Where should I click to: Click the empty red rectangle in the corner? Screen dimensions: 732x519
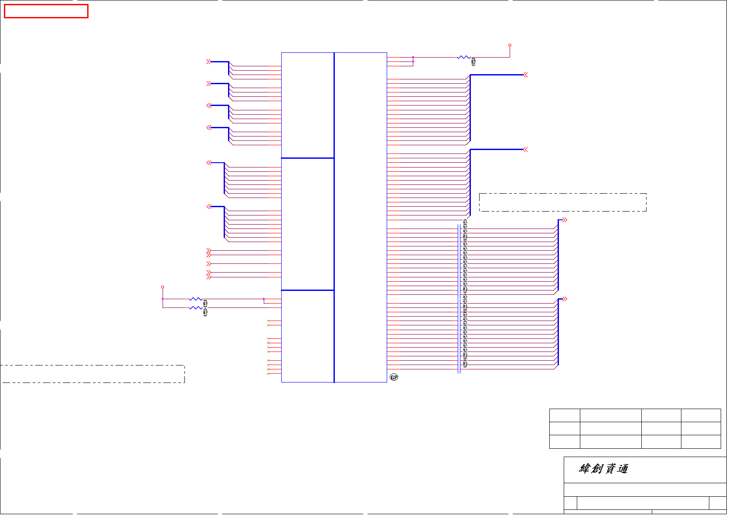46,11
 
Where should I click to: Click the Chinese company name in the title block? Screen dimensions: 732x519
603,469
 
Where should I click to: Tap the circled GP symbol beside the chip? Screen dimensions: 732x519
394,377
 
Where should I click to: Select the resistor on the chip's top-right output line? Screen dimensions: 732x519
463,57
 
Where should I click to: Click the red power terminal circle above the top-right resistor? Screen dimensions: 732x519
510,45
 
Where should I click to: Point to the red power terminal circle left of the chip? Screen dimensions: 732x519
163,287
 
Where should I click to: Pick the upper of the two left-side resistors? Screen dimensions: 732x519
195,299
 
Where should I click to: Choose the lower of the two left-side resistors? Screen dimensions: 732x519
195,308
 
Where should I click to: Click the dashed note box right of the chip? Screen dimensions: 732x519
562,202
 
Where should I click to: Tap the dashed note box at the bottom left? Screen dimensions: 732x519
92,374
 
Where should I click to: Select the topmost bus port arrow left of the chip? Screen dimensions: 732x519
209,62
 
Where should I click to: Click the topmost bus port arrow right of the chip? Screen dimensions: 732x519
525,75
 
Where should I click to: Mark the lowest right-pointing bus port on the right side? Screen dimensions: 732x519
565,299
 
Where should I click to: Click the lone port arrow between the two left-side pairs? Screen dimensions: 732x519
209,264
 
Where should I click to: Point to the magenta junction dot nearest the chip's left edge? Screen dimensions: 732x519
264,299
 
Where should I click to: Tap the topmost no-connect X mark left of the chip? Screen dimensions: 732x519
269,321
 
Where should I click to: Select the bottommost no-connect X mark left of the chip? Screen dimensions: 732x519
269,374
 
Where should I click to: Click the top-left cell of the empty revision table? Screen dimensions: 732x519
565,415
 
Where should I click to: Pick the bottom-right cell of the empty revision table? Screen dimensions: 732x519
701,442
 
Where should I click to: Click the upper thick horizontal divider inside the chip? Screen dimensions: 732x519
308,158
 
